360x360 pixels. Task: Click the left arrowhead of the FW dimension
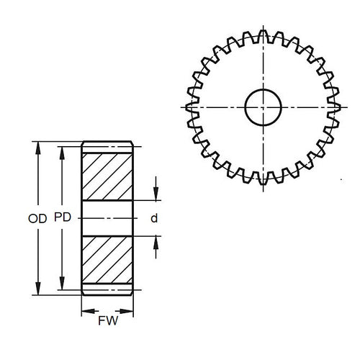pyautogui.click(x=84, y=312)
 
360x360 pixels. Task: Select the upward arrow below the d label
pyautogui.click(x=155, y=240)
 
